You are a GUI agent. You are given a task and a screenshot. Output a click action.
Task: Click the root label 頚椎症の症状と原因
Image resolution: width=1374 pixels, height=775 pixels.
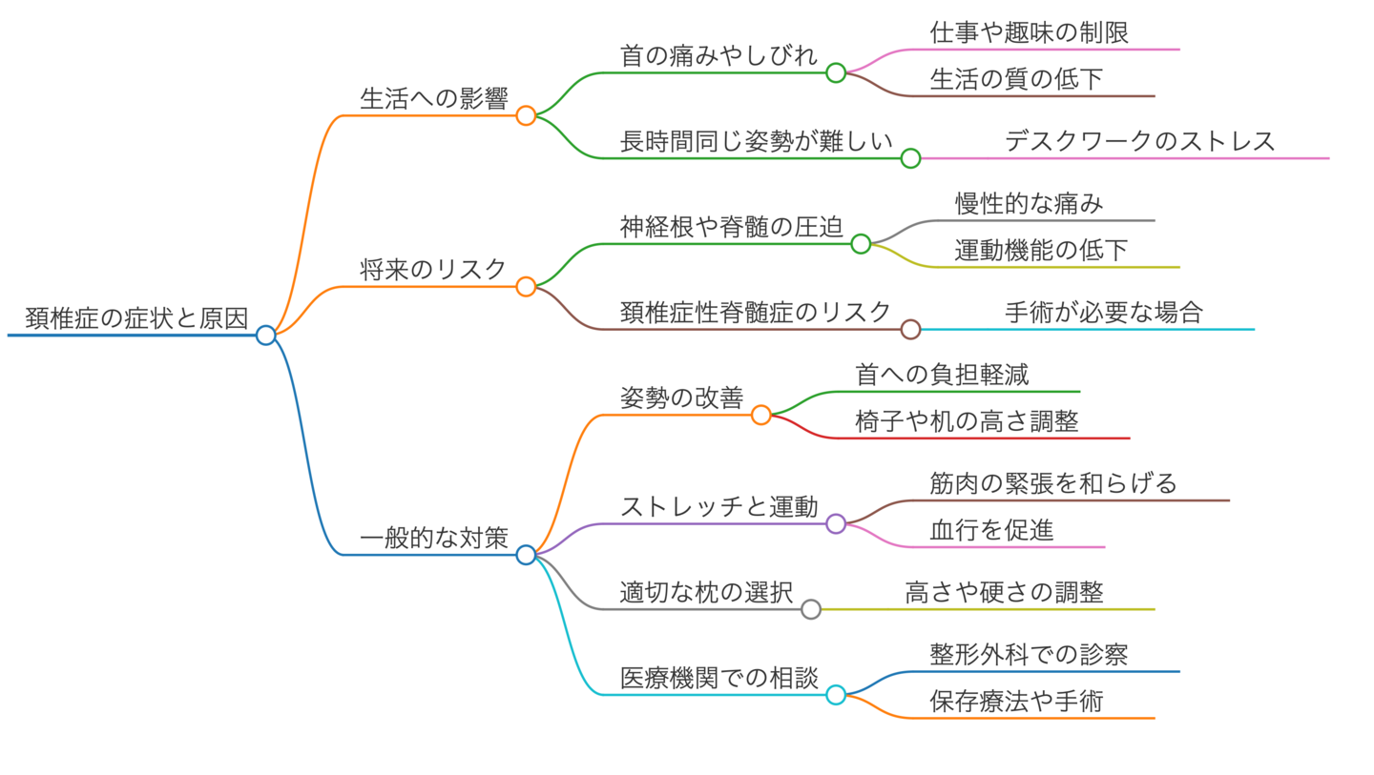(x=136, y=319)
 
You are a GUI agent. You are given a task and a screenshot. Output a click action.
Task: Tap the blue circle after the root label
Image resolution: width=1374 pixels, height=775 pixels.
(x=266, y=335)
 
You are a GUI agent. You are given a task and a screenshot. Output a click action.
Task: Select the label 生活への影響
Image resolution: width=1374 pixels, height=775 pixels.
(x=433, y=98)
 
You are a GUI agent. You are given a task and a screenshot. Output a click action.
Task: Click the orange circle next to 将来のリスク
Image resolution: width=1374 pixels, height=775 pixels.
(x=526, y=286)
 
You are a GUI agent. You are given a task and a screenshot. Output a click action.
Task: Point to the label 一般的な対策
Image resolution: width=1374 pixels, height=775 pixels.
(x=433, y=539)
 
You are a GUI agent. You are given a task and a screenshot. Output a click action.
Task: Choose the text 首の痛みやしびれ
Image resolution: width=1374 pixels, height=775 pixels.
(x=718, y=56)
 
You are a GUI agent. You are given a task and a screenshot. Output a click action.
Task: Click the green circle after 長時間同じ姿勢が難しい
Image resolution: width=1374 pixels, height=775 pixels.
(x=910, y=158)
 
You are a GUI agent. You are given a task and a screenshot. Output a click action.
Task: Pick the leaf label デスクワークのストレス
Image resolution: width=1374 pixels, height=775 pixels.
(x=1139, y=141)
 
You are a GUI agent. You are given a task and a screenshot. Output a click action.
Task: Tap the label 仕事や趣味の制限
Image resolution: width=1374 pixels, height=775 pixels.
(x=1030, y=32)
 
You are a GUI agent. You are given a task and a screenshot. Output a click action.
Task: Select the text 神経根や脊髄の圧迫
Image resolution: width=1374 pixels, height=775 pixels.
(x=731, y=227)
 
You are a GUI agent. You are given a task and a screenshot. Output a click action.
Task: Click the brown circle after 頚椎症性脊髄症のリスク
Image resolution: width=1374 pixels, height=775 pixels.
(x=910, y=329)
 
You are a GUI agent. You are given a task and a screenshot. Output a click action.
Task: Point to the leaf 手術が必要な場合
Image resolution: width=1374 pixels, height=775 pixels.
(x=1103, y=313)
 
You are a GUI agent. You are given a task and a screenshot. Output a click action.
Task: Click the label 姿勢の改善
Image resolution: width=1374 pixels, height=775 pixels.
(x=681, y=398)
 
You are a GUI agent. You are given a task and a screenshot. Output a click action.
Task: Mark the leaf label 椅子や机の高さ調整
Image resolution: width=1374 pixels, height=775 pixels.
(x=967, y=421)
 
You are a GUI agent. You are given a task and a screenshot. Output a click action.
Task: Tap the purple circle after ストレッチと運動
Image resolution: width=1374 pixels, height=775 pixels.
(x=836, y=523)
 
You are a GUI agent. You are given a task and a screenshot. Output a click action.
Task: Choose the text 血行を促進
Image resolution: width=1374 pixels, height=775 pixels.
(x=991, y=530)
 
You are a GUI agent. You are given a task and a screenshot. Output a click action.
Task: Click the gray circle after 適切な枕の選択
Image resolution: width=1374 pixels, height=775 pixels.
(x=811, y=609)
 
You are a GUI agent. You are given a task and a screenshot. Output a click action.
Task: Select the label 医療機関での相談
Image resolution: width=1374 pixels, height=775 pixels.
(x=718, y=678)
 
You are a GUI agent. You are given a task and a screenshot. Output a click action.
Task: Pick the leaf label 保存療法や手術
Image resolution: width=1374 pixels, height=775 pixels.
(x=1016, y=702)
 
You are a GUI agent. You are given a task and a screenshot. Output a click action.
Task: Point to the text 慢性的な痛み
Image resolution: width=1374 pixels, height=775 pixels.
(x=1030, y=204)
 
